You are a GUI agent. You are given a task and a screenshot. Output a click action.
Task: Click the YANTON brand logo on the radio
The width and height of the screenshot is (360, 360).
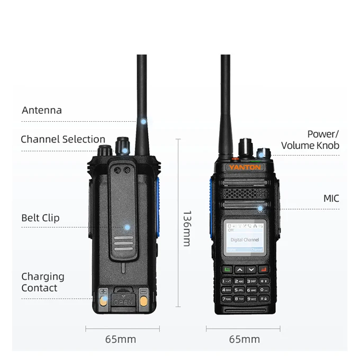245,167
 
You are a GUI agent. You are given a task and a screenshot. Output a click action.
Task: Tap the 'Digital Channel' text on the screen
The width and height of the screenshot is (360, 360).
245,240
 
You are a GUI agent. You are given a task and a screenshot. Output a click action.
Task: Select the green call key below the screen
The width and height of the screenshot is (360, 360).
227,270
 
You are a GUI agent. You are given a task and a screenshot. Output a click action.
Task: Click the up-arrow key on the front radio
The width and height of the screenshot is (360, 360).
239,270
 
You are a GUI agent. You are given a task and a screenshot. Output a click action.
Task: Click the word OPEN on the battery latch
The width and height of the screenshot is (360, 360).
124,302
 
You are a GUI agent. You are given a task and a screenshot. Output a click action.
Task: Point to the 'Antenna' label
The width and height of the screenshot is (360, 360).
42,111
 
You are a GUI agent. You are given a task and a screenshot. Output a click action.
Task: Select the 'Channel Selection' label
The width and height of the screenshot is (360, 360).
63,140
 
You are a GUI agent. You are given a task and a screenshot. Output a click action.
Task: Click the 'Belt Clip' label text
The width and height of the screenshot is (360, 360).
40,218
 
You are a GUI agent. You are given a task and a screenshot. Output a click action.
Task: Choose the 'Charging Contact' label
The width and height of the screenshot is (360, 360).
42,282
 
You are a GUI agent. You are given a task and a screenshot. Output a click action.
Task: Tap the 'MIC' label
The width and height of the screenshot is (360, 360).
331,199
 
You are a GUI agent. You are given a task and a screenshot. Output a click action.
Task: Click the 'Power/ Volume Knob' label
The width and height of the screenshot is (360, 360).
311,140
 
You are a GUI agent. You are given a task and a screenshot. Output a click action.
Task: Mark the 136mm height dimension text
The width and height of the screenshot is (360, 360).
186,228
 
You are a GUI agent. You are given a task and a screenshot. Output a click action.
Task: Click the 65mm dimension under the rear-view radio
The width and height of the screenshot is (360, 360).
120,339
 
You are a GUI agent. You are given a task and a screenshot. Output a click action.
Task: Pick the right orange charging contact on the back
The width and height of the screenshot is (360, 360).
143,302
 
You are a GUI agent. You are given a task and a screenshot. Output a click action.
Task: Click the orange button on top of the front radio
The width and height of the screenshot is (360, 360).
233,158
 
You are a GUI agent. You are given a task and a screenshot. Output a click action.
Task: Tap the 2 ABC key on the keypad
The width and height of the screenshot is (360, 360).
239,281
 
